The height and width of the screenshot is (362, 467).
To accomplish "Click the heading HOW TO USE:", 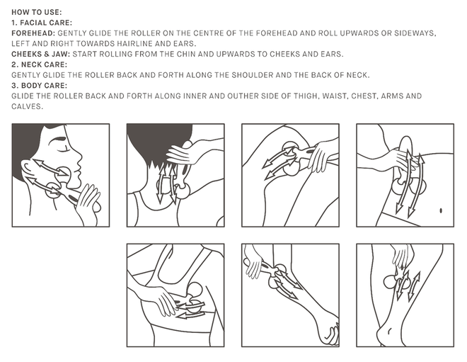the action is coord(37,12).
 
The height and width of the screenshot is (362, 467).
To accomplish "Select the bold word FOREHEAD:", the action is coord(33,33).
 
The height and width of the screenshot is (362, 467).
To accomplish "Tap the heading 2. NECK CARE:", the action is coord(40,64).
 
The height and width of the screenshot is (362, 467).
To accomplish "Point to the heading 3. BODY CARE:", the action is coord(40,86).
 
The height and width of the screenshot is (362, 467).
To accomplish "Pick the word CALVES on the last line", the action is coord(26,106).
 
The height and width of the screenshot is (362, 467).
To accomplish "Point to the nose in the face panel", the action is coord(78,157).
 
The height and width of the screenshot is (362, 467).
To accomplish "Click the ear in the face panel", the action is coord(27,169).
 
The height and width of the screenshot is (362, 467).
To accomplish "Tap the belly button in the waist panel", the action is coord(441,211).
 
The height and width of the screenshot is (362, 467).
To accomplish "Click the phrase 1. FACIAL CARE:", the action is coord(42,23).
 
